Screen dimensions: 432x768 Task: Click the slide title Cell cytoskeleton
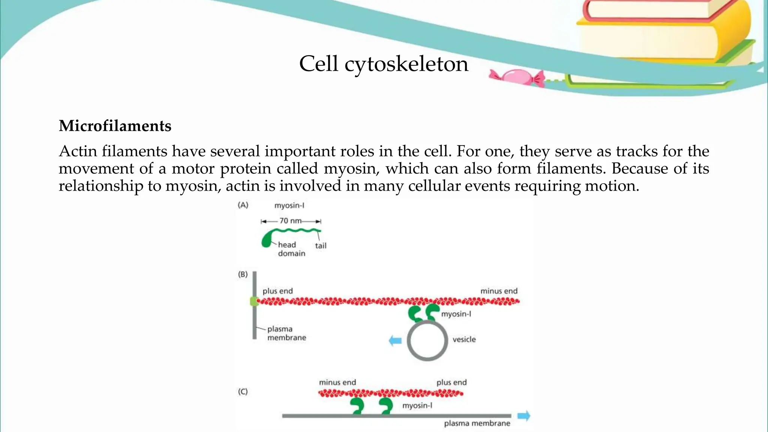click(384, 64)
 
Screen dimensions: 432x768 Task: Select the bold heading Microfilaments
click(115, 126)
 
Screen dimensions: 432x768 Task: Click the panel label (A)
click(243, 205)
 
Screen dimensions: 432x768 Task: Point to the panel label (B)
click(243, 274)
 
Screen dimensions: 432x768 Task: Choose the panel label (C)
click(243, 391)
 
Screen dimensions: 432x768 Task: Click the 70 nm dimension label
click(291, 221)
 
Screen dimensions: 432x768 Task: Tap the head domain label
click(291, 249)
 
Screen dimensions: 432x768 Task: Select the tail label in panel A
click(321, 246)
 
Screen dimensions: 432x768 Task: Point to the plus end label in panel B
click(277, 291)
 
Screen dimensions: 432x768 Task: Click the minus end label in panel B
click(499, 291)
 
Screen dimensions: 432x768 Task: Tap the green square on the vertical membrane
click(254, 301)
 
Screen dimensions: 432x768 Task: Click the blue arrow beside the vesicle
click(395, 341)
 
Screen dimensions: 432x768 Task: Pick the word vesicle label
click(464, 339)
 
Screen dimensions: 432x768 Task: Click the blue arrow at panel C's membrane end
click(524, 416)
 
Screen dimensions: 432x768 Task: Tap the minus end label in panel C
click(337, 382)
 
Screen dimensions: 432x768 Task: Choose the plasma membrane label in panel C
click(477, 423)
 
